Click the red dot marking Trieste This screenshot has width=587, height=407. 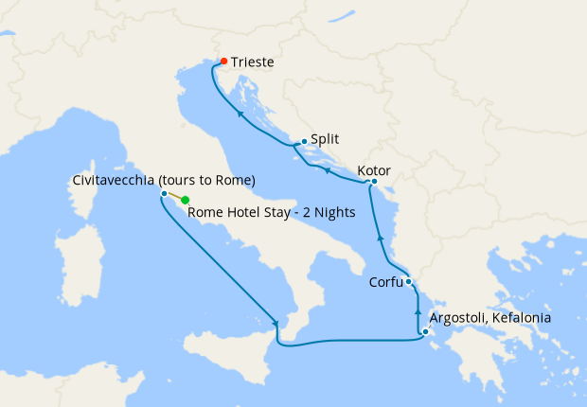click(223, 62)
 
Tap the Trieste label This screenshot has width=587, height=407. click(252, 62)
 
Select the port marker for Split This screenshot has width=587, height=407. click(303, 143)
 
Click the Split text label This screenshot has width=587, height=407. click(325, 138)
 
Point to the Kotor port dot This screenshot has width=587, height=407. click(374, 182)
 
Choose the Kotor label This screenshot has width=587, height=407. click(374, 171)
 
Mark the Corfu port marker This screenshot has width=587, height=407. click(408, 281)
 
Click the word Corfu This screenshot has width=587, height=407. click(385, 281)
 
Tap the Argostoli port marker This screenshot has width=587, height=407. click(426, 331)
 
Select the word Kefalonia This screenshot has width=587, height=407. click(520, 318)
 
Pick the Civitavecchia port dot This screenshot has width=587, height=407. click(164, 194)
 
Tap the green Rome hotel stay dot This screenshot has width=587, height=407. click(186, 200)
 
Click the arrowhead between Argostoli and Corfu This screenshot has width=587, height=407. click(418, 310)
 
